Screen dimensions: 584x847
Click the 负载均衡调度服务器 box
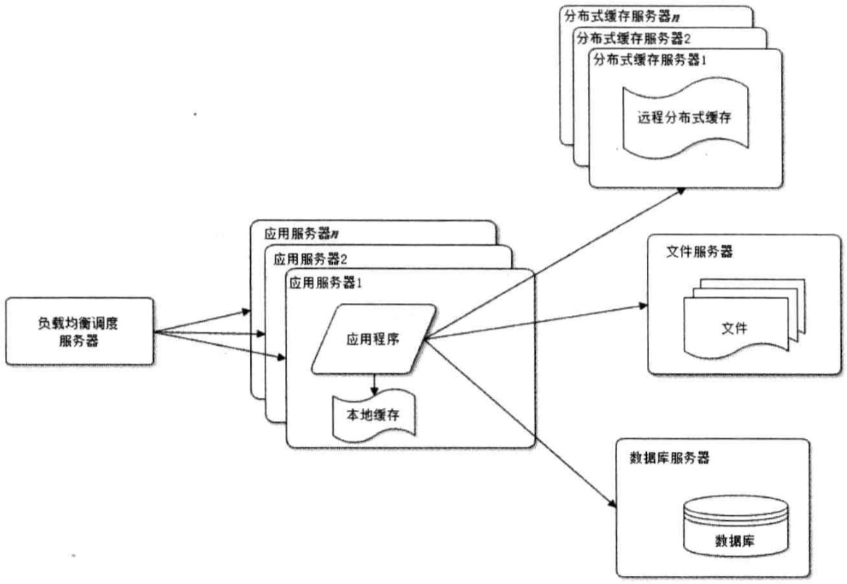coord(80,333)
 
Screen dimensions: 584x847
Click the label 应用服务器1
coord(326,283)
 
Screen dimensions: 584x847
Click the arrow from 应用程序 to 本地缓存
coord(374,383)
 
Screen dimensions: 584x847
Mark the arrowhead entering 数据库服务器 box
coord(611,503)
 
